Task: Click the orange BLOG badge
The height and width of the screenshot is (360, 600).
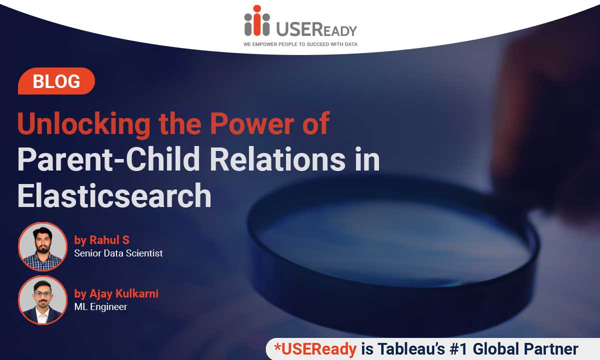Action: point(56,81)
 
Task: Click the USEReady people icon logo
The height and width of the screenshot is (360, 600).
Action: point(257,20)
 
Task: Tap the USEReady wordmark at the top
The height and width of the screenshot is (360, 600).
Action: point(316,29)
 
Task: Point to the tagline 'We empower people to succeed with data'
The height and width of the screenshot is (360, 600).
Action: point(300,44)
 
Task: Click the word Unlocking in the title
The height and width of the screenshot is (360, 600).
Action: point(84,124)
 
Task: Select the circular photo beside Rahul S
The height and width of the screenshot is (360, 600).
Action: point(42,246)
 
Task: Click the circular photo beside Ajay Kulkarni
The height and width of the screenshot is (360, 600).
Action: point(42,300)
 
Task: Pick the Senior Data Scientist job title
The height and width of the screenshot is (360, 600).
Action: point(118,253)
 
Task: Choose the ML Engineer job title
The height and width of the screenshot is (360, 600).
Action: point(100,306)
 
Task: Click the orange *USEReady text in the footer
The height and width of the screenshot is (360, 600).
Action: point(315,349)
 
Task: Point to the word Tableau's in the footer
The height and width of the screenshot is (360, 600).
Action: point(411,349)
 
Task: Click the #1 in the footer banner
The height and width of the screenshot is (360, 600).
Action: point(459,349)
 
